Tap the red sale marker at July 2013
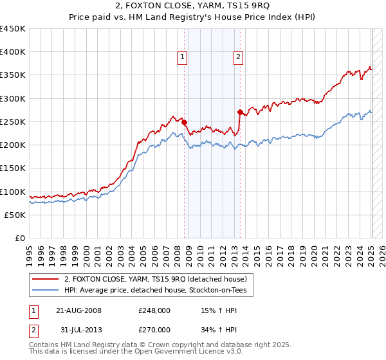coord(239,112)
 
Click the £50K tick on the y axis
coord(15,215)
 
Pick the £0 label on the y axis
coord(19,239)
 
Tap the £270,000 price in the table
coord(154,330)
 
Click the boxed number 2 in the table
coord(32,330)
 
